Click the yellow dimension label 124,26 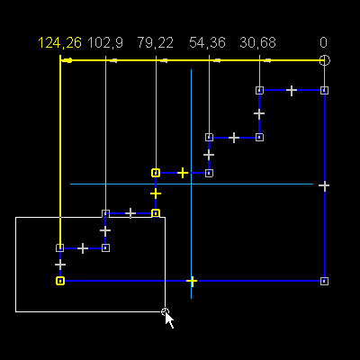pos(59,42)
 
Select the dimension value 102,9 pos(105,42)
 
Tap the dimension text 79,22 pos(155,42)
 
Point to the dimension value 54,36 pos(207,42)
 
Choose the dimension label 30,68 pos(257,42)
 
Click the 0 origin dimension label pos(323,42)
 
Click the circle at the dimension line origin pos(324,60)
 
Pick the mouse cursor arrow pos(169,319)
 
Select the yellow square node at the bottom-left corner pos(60,281)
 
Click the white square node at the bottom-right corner pos(324,281)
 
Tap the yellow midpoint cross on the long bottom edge pos(192,281)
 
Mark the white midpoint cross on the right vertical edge pos(324,185)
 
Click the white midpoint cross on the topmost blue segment pos(292,90)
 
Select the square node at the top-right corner pos(324,90)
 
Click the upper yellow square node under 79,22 pos(156,173)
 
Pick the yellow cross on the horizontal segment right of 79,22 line pos(183,173)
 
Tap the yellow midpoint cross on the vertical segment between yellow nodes pos(156,193)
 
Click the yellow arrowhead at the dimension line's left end pos(67,60)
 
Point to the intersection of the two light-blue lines pos(191,184)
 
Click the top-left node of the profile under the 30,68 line pos(259,90)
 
